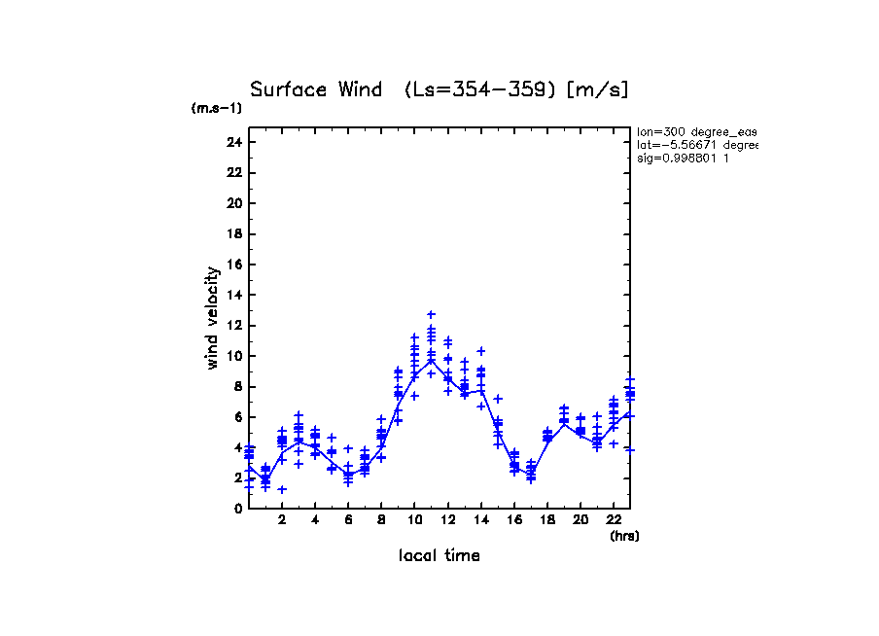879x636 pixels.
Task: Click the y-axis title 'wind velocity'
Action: coord(212,318)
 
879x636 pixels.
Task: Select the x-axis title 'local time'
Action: coord(439,556)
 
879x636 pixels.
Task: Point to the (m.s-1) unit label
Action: coord(217,109)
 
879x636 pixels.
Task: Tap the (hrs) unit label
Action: coord(624,536)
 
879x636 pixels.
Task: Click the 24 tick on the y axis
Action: coord(233,142)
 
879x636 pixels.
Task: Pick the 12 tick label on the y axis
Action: coord(233,325)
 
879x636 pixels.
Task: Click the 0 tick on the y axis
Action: coord(237,508)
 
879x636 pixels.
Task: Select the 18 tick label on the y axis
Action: coord(233,233)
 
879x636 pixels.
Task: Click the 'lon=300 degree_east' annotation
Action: coord(696,131)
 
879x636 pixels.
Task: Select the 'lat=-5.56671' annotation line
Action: coord(696,145)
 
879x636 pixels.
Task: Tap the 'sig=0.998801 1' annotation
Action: coord(685,159)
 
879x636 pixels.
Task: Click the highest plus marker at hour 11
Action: coord(431,315)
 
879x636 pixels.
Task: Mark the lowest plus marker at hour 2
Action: coord(282,489)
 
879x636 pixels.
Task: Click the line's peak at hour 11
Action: coord(431,361)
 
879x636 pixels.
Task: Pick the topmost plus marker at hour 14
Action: coord(480,351)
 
